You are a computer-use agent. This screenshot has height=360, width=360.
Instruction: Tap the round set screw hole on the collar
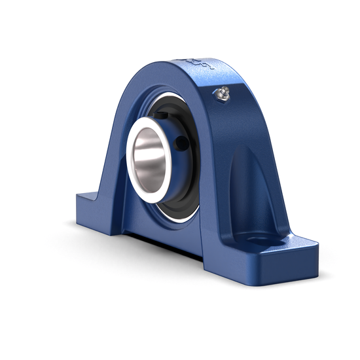pyautogui.click(x=181, y=141)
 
